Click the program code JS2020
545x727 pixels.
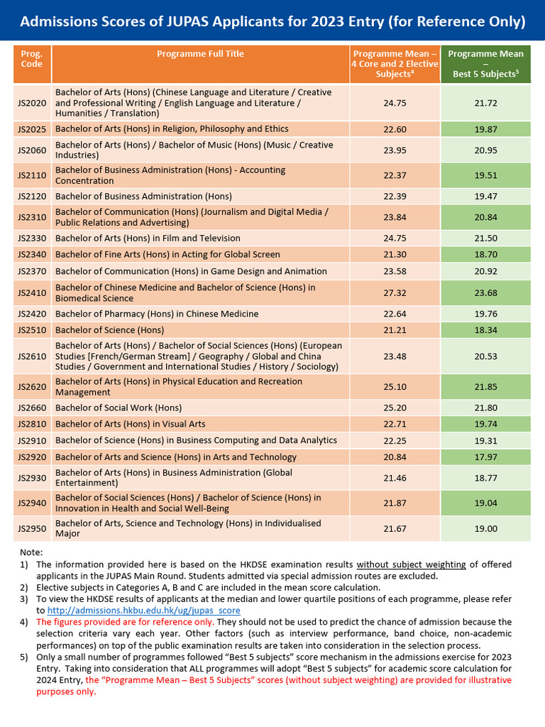pyautogui.click(x=31, y=103)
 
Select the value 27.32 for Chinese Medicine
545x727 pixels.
pyautogui.click(x=395, y=293)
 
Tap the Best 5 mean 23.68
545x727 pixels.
pyautogui.click(x=486, y=293)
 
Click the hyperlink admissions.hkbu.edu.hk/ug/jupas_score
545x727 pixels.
pyautogui.click(x=143, y=611)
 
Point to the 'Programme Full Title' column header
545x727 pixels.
pyautogui.click(x=200, y=54)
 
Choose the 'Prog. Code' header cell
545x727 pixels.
pyautogui.click(x=31, y=59)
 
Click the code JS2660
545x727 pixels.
pyautogui.click(x=31, y=408)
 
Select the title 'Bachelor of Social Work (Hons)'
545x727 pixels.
pyautogui.click(x=119, y=408)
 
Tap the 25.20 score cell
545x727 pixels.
pyautogui.click(x=395, y=408)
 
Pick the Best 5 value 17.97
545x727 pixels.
pyautogui.click(x=486, y=457)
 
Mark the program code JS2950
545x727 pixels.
pyautogui.click(x=31, y=528)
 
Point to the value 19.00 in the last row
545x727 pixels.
pyautogui.click(x=486, y=528)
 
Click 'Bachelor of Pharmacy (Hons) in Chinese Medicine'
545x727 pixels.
pyautogui.click(x=157, y=314)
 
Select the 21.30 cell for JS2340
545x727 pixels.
pyautogui.click(x=395, y=254)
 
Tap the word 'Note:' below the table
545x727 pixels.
pyautogui.click(x=31, y=552)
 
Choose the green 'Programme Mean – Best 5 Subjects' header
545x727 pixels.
pyautogui.click(x=486, y=64)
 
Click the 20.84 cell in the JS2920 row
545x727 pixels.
pyautogui.click(x=395, y=457)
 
